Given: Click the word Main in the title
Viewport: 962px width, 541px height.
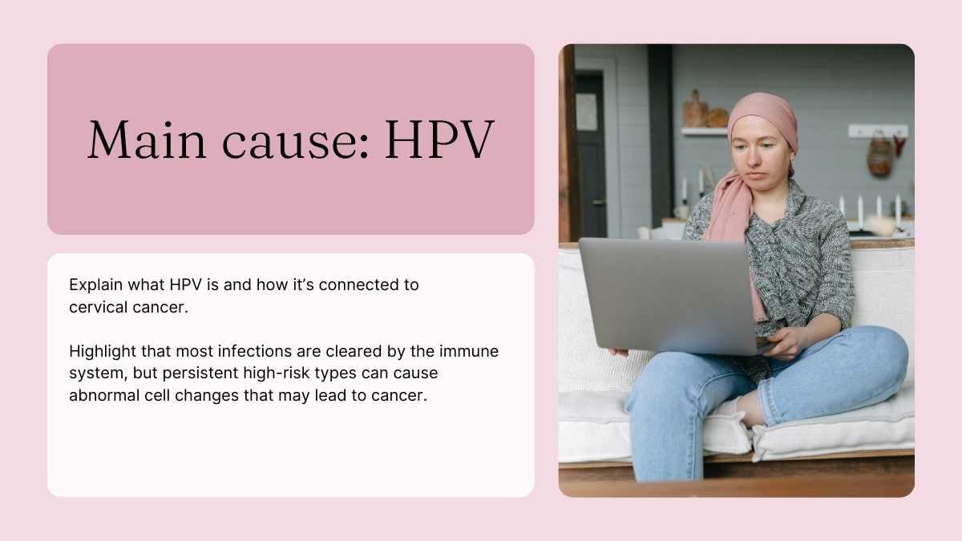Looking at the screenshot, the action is tap(147, 139).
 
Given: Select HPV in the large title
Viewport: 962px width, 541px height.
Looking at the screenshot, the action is tap(440, 139).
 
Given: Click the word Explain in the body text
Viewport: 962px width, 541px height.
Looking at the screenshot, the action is tap(95, 285).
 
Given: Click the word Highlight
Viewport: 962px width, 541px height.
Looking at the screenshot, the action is tap(103, 352).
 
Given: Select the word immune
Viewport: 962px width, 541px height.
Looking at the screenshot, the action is tap(468, 351).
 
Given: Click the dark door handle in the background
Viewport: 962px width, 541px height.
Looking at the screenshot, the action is tap(598, 202).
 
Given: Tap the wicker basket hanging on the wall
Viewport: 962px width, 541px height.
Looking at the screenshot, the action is tap(879, 155).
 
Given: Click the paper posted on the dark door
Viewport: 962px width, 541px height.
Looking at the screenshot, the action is tap(586, 111).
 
